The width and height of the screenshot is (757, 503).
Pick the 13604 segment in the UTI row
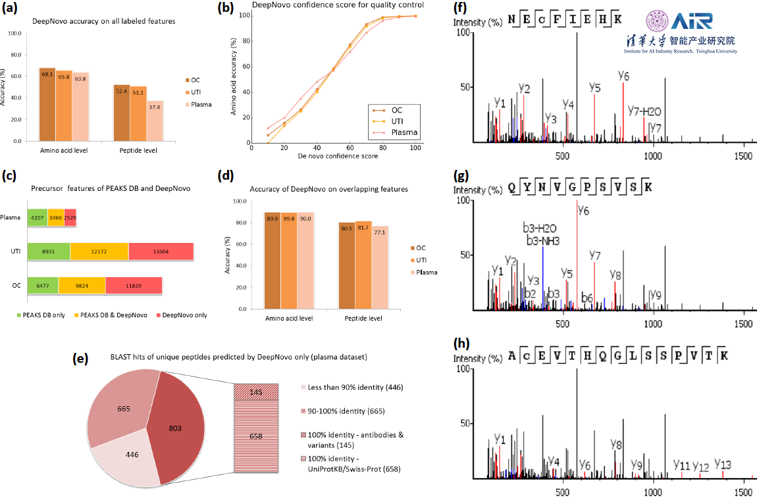coord(161,251)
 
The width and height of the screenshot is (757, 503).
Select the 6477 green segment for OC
coord(43,284)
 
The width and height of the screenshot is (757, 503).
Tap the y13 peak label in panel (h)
coord(722,463)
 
